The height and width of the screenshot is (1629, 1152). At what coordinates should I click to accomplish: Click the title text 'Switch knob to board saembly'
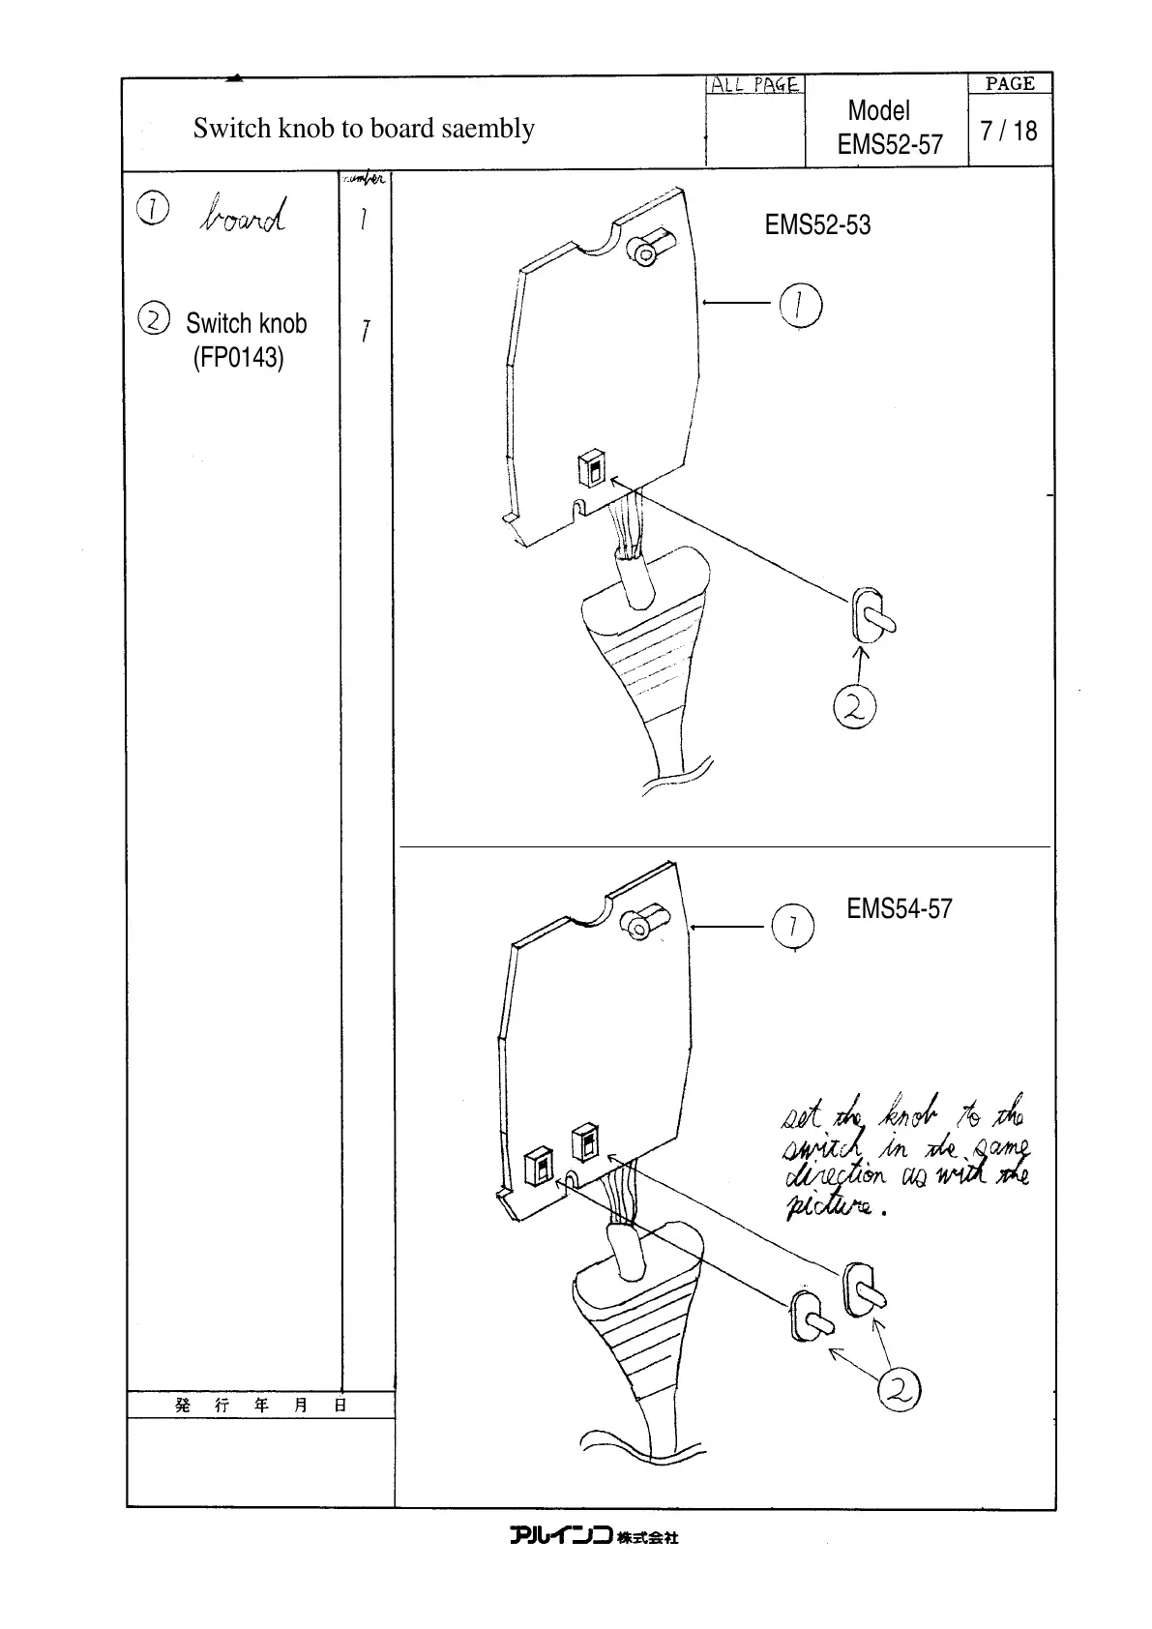click(x=363, y=129)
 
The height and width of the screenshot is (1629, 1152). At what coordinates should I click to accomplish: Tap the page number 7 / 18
click(x=1008, y=131)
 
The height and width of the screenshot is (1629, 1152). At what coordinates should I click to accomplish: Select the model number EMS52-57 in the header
click(x=889, y=145)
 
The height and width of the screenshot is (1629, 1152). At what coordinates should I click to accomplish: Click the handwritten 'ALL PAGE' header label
click(x=754, y=85)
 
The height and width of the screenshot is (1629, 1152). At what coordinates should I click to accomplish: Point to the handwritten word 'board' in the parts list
click(x=243, y=216)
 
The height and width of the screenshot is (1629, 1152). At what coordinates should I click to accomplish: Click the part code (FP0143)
click(x=238, y=358)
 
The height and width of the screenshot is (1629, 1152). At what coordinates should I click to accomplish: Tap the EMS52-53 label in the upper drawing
click(x=817, y=225)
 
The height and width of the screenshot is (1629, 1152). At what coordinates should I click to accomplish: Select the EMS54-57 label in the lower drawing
click(x=900, y=909)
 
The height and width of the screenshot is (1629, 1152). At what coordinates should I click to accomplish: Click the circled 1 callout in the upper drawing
click(x=800, y=306)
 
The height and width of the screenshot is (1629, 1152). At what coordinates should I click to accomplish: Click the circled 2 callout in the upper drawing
click(x=854, y=708)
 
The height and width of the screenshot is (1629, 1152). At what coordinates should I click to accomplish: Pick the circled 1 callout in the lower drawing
click(x=792, y=928)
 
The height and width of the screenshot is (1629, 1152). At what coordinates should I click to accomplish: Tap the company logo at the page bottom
click(x=594, y=1536)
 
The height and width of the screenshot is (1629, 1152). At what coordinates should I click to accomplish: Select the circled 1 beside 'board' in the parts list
click(x=153, y=208)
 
